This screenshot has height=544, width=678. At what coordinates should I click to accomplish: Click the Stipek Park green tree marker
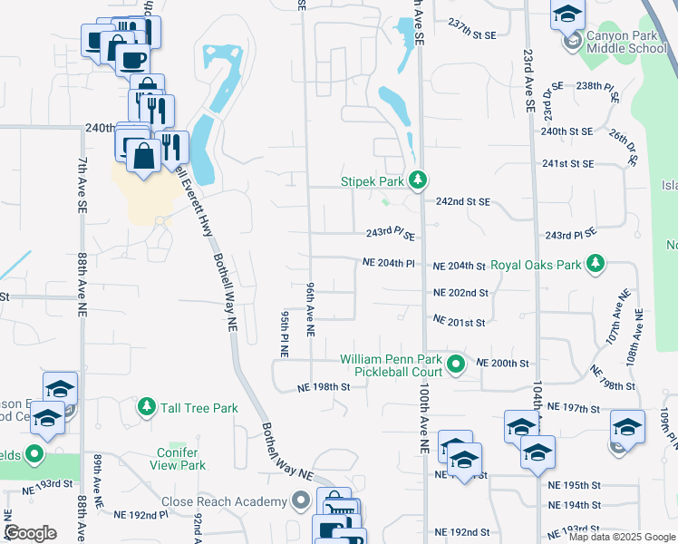[417, 181]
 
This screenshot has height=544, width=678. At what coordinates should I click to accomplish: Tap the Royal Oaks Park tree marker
[595, 265]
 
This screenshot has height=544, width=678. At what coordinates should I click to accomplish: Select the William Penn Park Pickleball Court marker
[456, 365]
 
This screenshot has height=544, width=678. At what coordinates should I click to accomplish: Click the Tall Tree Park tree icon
[145, 408]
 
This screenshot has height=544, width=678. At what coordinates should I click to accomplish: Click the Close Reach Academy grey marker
[302, 501]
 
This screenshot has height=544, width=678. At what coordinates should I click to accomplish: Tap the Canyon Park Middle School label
[626, 43]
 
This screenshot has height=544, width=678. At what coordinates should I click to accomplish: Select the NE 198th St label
[324, 387]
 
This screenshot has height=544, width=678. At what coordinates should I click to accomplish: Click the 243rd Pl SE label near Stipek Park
[391, 233]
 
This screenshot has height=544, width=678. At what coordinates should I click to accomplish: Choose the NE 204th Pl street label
[388, 263]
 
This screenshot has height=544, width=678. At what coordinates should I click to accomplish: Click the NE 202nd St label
[460, 293]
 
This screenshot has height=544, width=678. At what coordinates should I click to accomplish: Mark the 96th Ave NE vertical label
[310, 309]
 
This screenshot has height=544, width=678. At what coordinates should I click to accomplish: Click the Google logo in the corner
[30, 533]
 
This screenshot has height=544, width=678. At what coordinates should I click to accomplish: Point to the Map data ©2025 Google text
[623, 538]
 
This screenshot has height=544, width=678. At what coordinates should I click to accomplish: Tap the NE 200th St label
[502, 363]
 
